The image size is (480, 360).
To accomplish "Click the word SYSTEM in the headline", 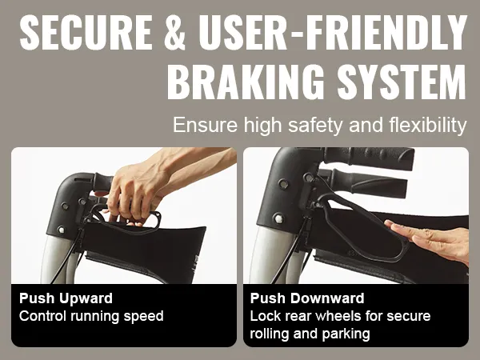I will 399,82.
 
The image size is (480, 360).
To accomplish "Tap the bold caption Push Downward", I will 307,299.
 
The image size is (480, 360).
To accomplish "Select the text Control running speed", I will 90,316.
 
